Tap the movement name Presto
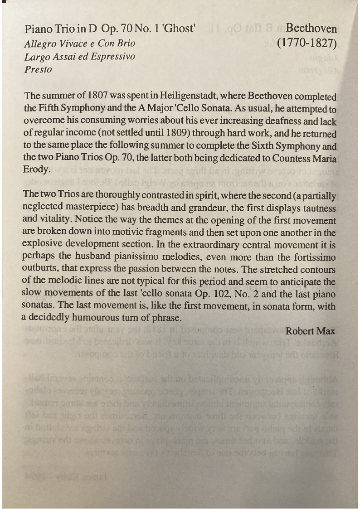tap(39, 70)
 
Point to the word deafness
tap(275, 122)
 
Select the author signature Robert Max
tap(310, 331)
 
